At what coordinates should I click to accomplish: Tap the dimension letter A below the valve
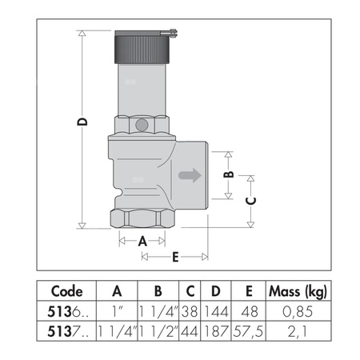[x=142, y=240]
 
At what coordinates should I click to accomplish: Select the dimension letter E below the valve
[x=174, y=257]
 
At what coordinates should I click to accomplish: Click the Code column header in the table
[x=66, y=291]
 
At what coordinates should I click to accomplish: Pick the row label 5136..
[x=63, y=310]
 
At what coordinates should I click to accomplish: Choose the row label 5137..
[x=63, y=329]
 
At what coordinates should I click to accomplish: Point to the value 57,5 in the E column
[x=249, y=329]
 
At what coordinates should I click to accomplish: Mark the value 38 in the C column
[x=190, y=310]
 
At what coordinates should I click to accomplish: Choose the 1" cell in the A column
[x=117, y=310]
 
